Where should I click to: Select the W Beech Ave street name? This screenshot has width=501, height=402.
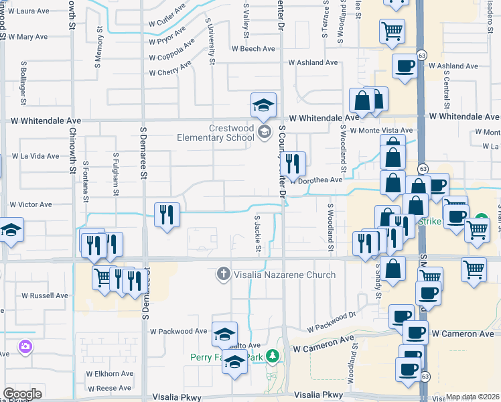click(x=253, y=49)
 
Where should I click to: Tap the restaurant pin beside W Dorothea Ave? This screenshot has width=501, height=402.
click(x=293, y=163)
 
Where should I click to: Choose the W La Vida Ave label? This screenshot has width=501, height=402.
click(x=36, y=156)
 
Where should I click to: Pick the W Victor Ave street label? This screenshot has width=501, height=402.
click(x=30, y=204)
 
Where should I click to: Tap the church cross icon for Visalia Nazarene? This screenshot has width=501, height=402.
click(x=223, y=273)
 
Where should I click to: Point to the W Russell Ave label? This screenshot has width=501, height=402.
click(x=45, y=295)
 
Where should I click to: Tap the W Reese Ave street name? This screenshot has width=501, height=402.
click(x=109, y=389)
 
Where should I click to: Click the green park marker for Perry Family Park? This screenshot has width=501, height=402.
click(x=272, y=356)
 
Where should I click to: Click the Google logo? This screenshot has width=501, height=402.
click(x=22, y=394)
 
